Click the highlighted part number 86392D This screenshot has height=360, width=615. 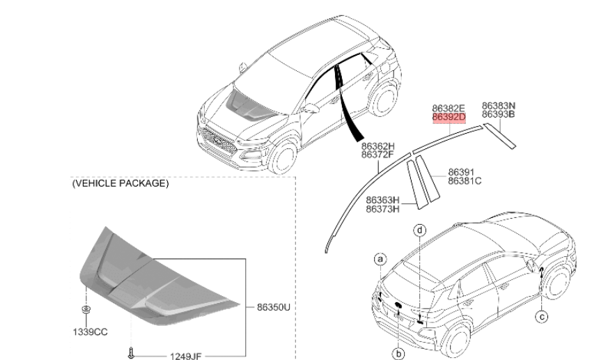pos(448,118)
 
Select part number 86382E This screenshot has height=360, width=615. pos(448,109)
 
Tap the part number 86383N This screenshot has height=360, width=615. pos(499,106)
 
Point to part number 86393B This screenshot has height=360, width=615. pos(499,115)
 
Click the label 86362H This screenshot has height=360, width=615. pos(377,146)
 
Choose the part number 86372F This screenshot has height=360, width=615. pos(377,155)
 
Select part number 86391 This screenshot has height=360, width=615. pos(460,172)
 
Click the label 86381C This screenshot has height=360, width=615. pos(465,181)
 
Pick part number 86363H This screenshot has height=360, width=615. pos(383,199)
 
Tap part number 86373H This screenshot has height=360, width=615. pos(383,208)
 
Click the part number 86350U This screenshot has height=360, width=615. pos(273,306)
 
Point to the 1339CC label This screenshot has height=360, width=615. pos(91,331)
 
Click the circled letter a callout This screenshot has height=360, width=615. pos(380,260)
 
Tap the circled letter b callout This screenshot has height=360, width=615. pos(399,354)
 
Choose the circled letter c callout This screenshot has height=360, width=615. pos(541,318)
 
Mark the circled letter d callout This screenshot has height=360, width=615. pos(420,229)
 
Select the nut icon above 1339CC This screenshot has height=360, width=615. pos(85,309)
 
